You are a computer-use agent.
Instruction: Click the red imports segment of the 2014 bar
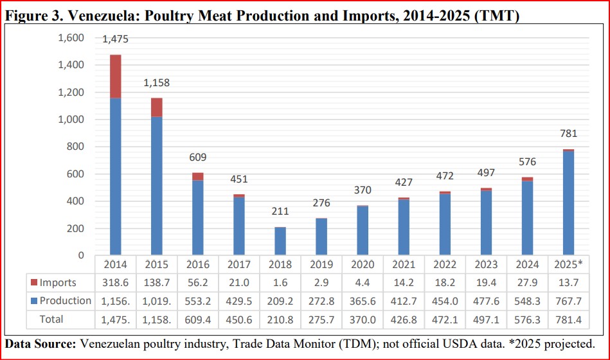116,76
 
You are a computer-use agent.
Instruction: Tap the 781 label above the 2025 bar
568,134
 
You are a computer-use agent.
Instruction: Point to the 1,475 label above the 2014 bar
116,39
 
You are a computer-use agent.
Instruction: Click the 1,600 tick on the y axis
71,38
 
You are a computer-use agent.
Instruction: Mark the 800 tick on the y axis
76,147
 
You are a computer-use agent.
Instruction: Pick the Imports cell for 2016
197,283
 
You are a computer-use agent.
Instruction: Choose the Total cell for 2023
486,319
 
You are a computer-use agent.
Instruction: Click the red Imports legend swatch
33,283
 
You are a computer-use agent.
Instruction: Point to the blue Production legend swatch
33,301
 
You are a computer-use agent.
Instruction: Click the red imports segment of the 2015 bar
156,107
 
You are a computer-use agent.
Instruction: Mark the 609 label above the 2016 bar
197,157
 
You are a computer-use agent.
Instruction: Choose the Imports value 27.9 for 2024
527,283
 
